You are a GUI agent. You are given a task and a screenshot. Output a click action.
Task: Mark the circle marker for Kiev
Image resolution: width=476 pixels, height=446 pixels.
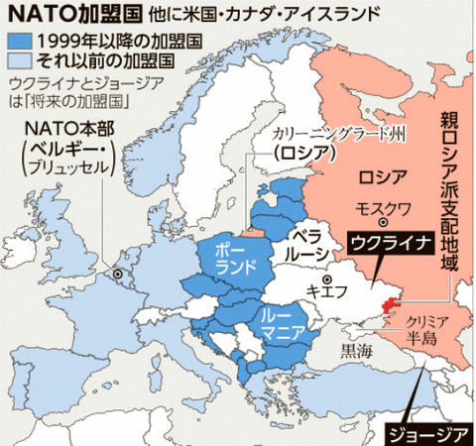click(x=314, y=279)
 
